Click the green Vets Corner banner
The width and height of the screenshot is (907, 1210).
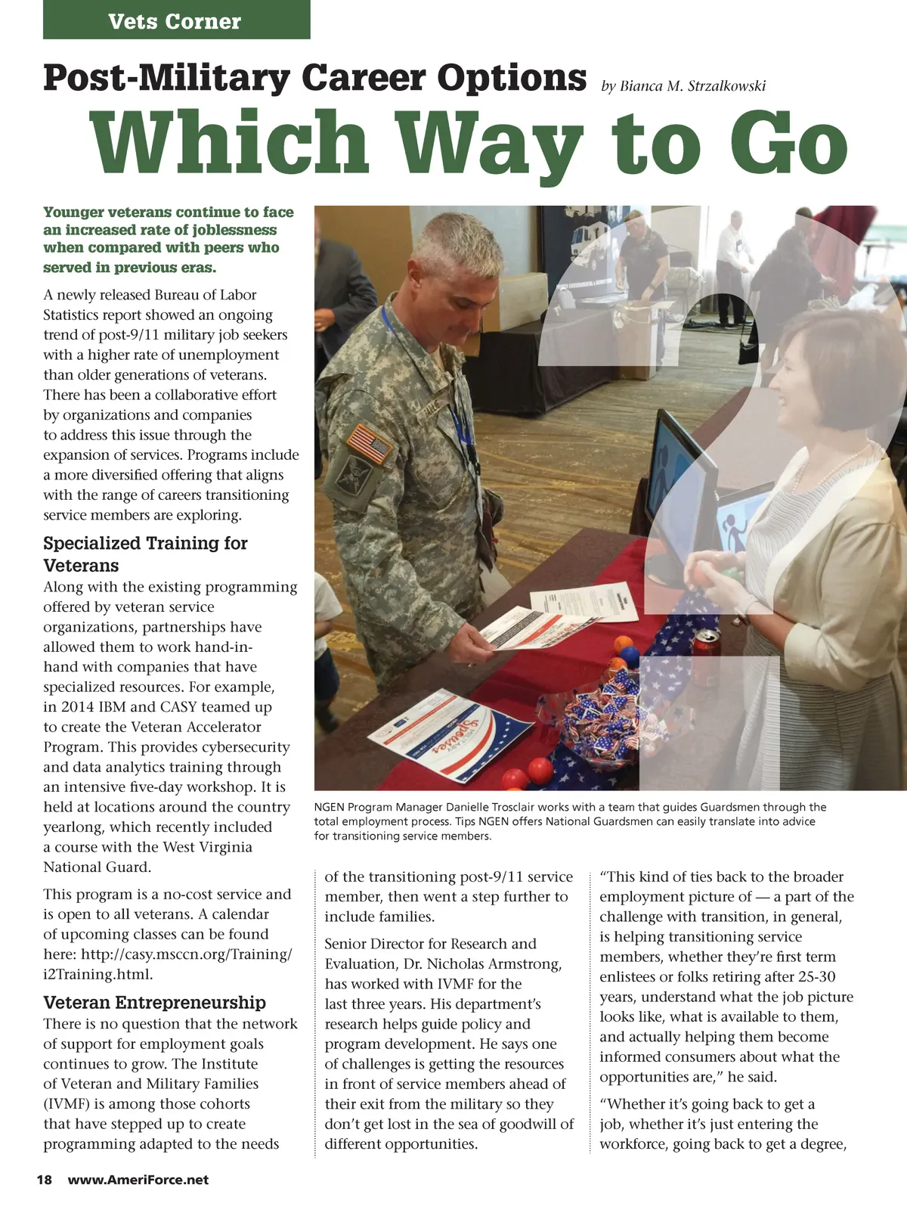(x=176, y=20)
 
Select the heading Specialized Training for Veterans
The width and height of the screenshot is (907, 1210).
(x=145, y=554)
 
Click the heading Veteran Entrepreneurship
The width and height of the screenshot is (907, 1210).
(x=154, y=1003)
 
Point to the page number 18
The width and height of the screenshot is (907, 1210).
(x=45, y=1180)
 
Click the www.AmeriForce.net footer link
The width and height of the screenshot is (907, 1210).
(x=138, y=1180)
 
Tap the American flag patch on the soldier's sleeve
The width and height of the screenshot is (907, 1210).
(x=369, y=442)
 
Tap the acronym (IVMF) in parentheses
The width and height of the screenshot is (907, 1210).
(x=67, y=1104)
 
